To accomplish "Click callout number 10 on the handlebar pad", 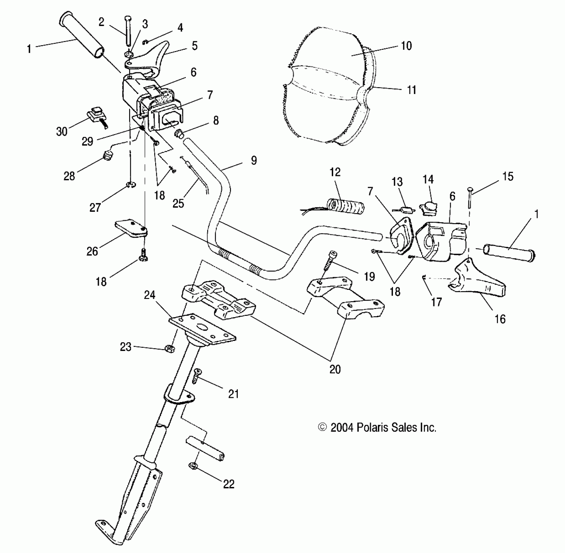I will point(406,46).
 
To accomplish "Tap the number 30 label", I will point(61,131).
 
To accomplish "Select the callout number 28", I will point(69,176).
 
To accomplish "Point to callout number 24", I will point(150,295).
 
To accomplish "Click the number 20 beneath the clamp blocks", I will point(335,369).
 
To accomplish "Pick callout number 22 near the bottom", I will point(229,484).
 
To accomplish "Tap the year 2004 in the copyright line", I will point(342,427).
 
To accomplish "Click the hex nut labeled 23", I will point(169,349).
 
